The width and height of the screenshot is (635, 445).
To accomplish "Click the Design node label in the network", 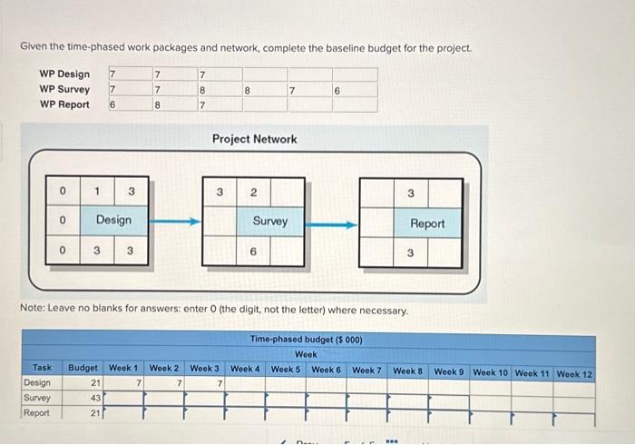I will (x=113, y=220).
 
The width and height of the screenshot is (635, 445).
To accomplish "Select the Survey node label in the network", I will (x=269, y=220).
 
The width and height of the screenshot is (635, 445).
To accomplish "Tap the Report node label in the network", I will (x=427, y=223).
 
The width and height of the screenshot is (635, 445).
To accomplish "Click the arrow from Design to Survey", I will (x=173, y=221).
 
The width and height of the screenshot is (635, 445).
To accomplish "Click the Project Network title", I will (x=254, y=139).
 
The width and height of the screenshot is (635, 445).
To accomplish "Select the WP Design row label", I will (x=64, y=74).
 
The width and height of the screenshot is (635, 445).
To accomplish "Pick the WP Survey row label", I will (x=64, y=89).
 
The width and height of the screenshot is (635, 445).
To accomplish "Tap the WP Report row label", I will (x=64, y=104).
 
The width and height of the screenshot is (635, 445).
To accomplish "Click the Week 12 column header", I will (x=574, y=373).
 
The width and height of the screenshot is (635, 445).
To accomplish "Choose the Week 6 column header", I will (x=326, y=370).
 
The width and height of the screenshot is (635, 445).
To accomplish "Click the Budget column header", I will (x=83, y=369).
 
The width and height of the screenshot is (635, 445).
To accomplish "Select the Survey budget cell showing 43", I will (x=94, y=398).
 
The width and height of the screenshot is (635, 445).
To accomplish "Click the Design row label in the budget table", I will (x=38, y=383).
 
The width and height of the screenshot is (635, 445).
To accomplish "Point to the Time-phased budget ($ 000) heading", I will (x=306, y=340).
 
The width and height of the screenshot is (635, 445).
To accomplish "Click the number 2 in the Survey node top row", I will (x=254, y=192).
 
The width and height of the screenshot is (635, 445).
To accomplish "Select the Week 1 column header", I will (x=123, y=369).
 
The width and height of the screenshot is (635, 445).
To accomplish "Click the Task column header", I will (x=42, y=368).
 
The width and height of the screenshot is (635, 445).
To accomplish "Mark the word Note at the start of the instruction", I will (x=34, y=311).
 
